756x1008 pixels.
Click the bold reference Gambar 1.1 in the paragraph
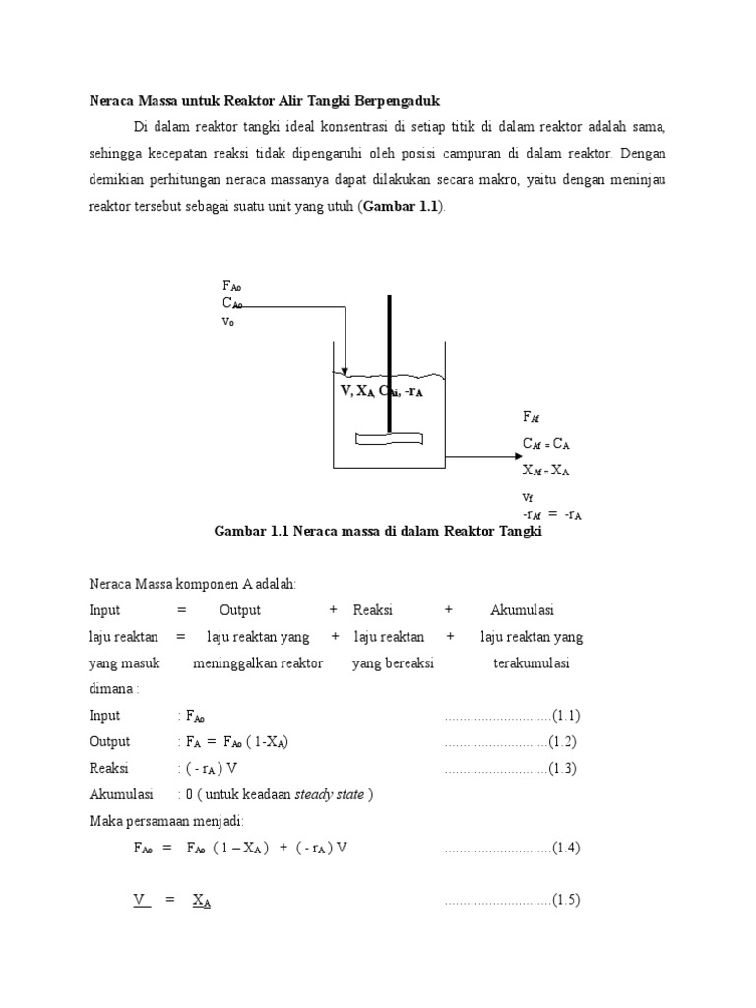[x=402, y=205]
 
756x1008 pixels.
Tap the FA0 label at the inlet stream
[x=232, y=286]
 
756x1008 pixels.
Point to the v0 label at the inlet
[x=229, y=321]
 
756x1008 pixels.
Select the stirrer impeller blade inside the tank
[x=389, y=439]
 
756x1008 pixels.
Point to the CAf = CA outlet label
[x=546, y=444]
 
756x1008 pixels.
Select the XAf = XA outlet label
[x=546, y=471]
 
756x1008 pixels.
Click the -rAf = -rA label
[x=551, y=513]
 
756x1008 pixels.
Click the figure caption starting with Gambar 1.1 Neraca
[x=378, y=532]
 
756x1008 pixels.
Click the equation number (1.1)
[x=565, y=716]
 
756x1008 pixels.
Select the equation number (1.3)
[x=565, y=768]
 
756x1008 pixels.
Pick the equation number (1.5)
[x=565, y=900]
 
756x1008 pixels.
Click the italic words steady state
[x=331, y=794]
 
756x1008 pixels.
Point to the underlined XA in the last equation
[x=202, y=900]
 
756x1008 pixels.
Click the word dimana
[x=110, y=689]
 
